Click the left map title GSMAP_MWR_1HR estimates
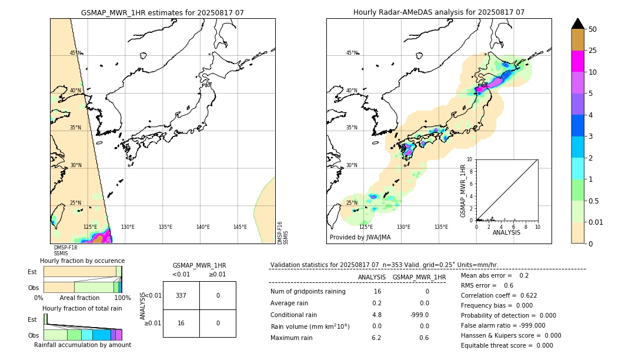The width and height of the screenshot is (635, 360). point(162,12)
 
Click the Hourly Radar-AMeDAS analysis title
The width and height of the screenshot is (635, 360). point(439,12)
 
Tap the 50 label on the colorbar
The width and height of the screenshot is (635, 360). point(593,29)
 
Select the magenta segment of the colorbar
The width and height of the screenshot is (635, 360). point(577,61)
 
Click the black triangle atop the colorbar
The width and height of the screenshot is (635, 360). point(577,24)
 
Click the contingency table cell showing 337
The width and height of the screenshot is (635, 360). point(181,295)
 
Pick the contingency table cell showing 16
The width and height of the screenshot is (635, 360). point(181,323)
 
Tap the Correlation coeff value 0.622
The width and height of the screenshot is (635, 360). point(524,295)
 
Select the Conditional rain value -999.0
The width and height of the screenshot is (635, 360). point(419,315)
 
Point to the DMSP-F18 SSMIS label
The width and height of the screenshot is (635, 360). point(65,251)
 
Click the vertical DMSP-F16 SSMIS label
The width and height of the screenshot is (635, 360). point(283,233)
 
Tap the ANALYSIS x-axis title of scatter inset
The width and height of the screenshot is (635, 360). point(506,232)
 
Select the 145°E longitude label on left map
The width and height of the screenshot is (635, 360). point(240,227)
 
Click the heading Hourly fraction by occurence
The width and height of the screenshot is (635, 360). point(82,261)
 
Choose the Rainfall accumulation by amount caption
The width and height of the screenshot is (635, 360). point(82,345)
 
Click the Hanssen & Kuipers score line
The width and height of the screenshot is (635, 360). point(510,335)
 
